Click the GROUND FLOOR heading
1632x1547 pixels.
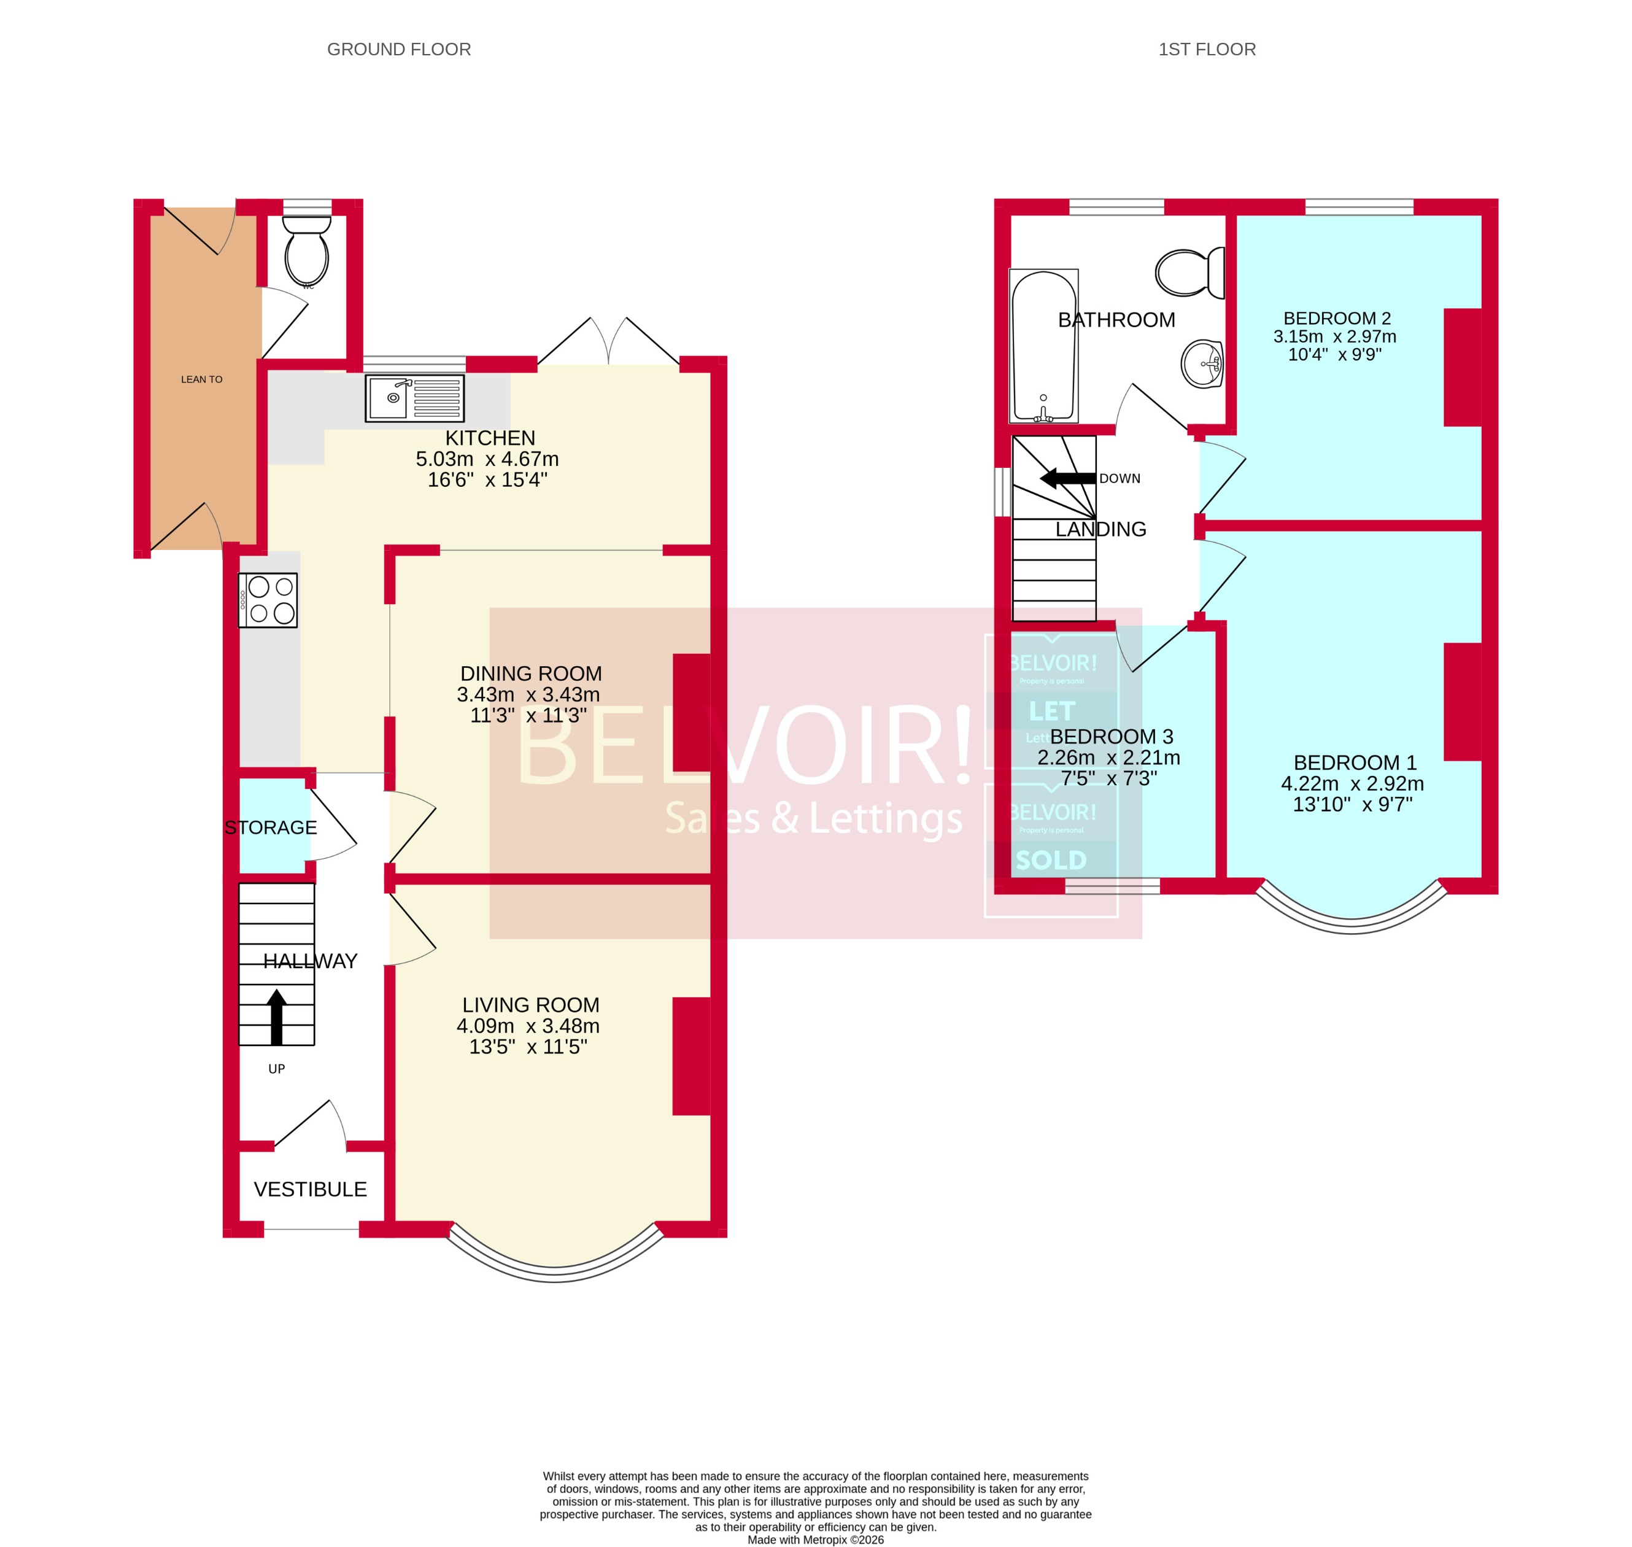tap(399, 50)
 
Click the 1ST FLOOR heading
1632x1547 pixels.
tap(1207, 50)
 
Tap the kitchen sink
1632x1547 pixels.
tap(414, 398)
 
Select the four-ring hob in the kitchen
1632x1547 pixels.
tap(268, 600)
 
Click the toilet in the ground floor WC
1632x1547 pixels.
tap(307, 252)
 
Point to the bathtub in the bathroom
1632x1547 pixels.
tap(1043, 346)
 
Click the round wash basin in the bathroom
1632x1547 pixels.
tap(1202, 363)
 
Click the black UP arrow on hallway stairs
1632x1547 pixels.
tap(277, 1016)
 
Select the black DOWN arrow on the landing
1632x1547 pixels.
tap(1067, 478)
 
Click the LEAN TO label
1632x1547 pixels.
tap(202, 379)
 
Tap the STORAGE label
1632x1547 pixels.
tap(270, 827)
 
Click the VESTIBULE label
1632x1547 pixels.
tap(310, 1189)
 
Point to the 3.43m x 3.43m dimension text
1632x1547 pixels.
tap(528, 694)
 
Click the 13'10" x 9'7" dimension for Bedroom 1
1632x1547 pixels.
tap(1352, 805)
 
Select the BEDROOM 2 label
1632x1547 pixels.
tap(1337, 319)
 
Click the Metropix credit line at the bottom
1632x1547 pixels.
tap(815, 1540)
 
